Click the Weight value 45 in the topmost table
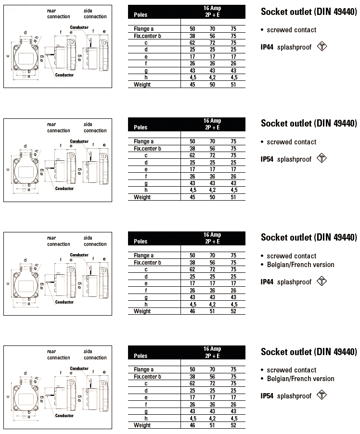point(193,85)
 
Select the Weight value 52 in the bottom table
point(233,425)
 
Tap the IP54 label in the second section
point(267,159)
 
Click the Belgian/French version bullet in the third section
point(300,265)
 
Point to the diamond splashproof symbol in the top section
point(322,47)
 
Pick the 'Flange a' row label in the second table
point(144,141)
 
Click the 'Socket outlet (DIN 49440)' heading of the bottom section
point(309,351)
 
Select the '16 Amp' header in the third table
point(212,235)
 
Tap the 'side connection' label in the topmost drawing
point(95,13)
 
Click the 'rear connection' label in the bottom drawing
point(59,355)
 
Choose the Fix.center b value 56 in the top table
point(212,36)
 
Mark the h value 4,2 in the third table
point(212,305)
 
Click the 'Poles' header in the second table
point(141,128)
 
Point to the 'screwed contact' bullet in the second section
point(292,142)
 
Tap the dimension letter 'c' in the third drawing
point(8,283)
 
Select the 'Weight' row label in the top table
point(142,85)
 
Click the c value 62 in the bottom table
point(193,383)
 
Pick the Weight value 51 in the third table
point(212,311)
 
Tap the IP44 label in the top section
point(267,47)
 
